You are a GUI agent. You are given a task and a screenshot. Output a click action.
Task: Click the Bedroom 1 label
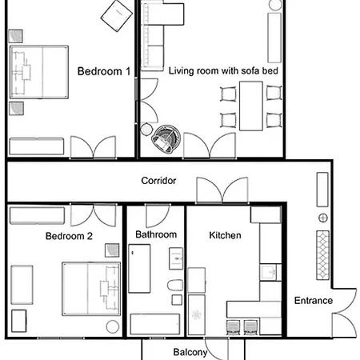pos(104,71)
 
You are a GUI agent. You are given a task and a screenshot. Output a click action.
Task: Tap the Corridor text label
pos(158,181)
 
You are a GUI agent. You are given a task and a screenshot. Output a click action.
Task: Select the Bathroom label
pos(156,235)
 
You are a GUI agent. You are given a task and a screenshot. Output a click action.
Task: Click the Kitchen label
pos(225,235)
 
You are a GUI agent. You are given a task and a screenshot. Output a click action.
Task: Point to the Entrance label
pos(313,301)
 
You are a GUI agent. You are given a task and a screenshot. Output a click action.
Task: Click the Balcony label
pos(190,352)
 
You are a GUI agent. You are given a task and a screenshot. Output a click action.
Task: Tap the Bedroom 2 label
pos(69,236)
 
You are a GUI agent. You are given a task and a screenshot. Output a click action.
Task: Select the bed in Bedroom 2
pos(90,289)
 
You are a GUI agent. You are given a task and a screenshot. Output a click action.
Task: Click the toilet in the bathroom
pos(175,286)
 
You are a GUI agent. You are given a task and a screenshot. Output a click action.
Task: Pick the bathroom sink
pos(175,258)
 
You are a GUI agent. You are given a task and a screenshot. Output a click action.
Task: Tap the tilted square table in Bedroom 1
pos(117,14)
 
